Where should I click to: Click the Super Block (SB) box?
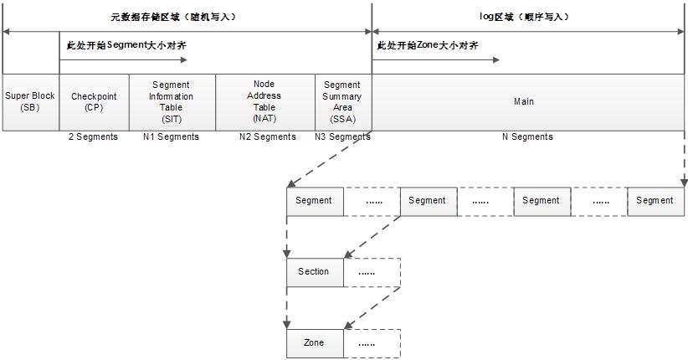point(31,102)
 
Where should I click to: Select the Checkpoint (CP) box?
point(94,102)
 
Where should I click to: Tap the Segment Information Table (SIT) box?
point(172,102)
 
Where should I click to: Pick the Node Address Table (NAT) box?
point(265,102)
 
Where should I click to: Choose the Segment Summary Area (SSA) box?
point(343,102)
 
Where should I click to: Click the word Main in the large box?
point(524,101)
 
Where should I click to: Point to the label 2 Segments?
point(93,137)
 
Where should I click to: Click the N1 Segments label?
point(171,137)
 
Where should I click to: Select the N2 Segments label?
point(268,137)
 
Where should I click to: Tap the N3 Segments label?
point(342,137)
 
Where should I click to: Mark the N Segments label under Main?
point(527,137)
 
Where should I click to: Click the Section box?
point(315,272)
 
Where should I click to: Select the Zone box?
point(315,343)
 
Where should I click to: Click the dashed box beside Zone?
point(372,343)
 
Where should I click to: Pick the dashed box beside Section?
point(372,272)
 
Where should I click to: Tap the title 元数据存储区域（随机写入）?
point(173,17)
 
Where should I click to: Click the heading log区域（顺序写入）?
point(524,17)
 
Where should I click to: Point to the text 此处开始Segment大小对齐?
point(126,45)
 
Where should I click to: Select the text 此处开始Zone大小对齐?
point(428,45)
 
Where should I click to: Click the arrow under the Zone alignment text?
point(436,59)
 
